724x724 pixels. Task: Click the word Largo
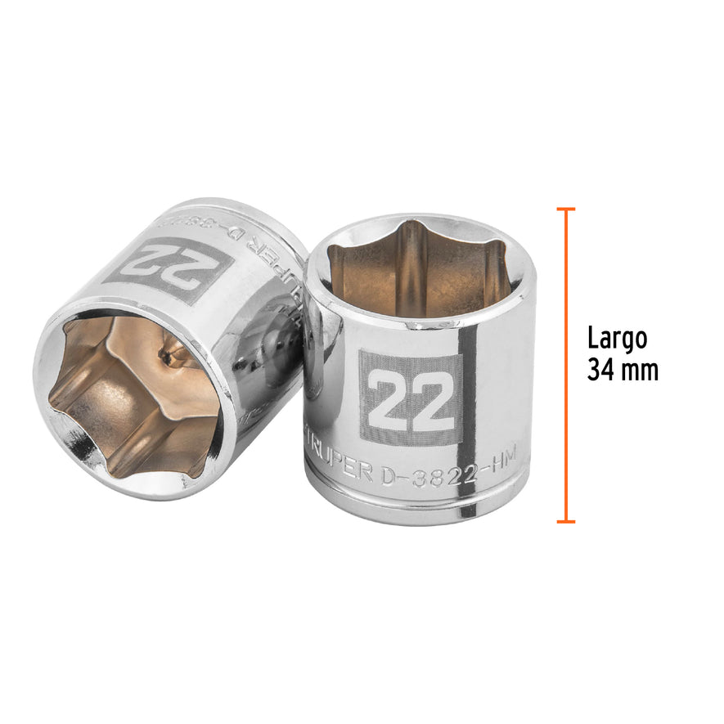click(x=618, y=338)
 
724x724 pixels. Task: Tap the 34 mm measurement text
click(x=623, y=370)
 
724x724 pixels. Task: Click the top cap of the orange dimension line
click(x=565, y=209)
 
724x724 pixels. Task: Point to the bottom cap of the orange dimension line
click(x=565, y=521)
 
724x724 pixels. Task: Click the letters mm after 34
click(x=641, y=371)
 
